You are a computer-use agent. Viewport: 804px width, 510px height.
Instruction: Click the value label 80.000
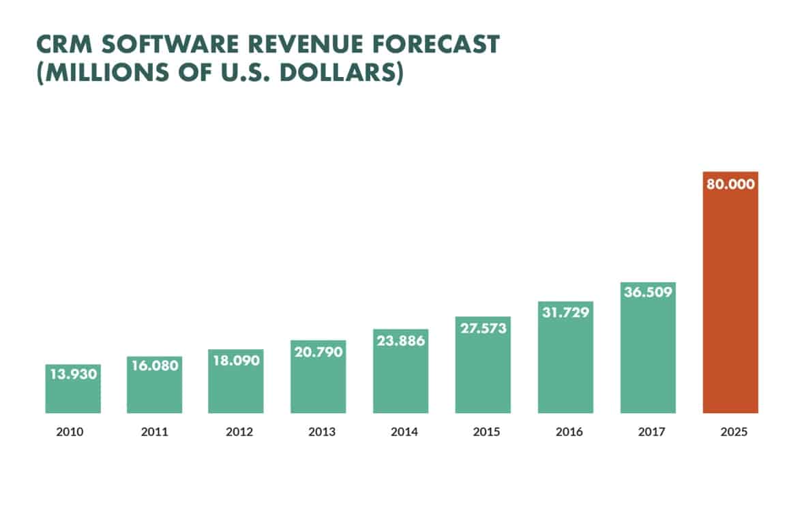[x=730, y=184]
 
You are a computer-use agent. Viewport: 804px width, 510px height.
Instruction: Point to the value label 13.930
[x=73, y=374]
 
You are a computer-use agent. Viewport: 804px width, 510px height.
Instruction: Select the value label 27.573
[x=483, y=328]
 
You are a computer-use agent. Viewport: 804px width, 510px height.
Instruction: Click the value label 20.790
[x=318, y=352]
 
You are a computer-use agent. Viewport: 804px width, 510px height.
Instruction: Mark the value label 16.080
[x=154, y=366]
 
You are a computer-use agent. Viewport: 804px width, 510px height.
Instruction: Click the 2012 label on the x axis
[x=237, y=432]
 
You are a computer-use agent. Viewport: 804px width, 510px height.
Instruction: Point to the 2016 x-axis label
[x=565, y=432]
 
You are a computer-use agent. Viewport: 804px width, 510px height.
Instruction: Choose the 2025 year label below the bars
[x=730, y=432]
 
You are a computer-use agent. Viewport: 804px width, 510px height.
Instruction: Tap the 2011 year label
[x=154, y=432]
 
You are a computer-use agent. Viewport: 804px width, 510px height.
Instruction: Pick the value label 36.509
[x=648, y=292]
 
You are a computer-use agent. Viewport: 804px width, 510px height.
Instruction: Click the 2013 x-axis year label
[x=318, y=432]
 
